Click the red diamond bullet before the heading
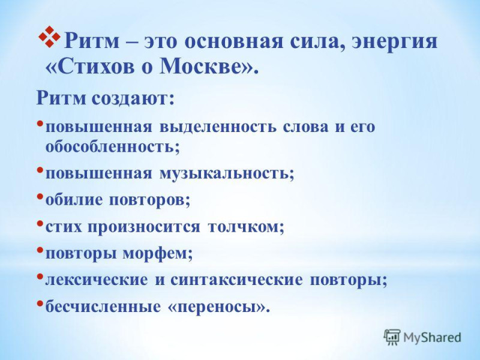(49, 37)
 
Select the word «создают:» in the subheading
(133, 98)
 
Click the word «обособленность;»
(112, 146)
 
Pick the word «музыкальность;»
(227, 173)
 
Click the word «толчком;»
(246, 227)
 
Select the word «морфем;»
(158, 253)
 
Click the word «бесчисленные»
(103, 306)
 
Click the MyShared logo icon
(392, 338)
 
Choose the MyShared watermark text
(432, 338)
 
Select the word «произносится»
(144, 227)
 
